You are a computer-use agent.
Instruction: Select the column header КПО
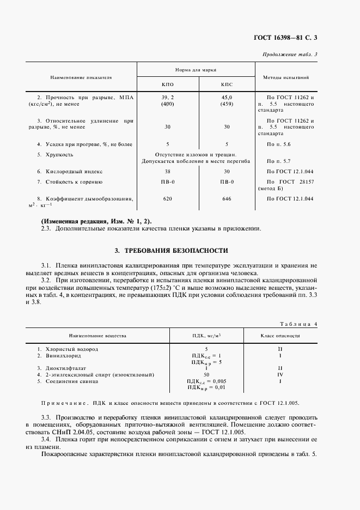coord(168,85)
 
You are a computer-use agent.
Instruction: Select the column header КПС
coord(227,85)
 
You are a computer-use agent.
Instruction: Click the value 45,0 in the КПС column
coord(227,97)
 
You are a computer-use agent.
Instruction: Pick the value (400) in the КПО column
coord(168,104)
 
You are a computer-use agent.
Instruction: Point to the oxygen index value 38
coord(168,171)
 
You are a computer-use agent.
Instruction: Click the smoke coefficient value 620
coord(168,199)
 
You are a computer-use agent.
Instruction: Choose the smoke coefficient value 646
coord(227,199)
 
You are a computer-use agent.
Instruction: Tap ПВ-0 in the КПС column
coord(227,181)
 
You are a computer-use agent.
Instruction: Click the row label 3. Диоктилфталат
coord(60,368)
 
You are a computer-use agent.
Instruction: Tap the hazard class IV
coord(280,374)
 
